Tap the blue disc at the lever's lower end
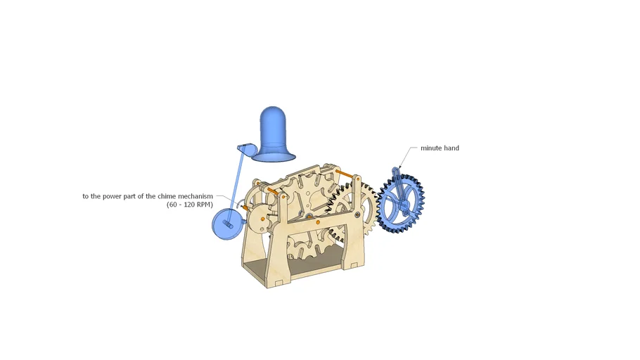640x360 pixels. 227,224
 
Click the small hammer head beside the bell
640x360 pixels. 245,148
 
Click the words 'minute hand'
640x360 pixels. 440,148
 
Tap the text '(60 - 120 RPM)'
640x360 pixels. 189,205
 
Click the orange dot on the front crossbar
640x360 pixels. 318,222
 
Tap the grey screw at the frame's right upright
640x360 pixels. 357,214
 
